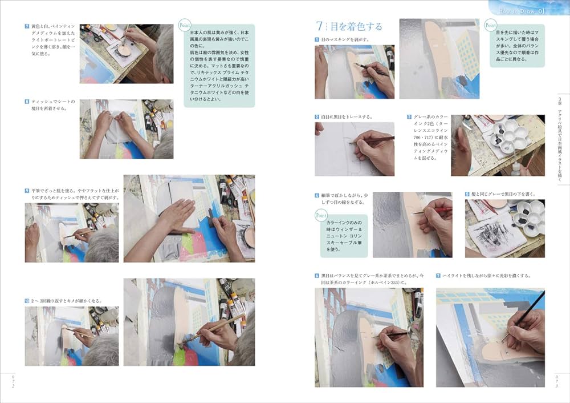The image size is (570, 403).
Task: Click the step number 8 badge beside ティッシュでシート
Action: pos(27,102)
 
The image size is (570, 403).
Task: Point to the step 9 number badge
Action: pos(27,190)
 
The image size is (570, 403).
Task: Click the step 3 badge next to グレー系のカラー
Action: pos(409,117)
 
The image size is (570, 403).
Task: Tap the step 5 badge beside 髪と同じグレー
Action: pos(467,194)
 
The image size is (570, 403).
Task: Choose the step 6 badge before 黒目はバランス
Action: pos(317,276)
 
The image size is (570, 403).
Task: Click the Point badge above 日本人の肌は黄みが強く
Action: pos(185,26)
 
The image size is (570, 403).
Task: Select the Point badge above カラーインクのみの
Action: pos(320,215)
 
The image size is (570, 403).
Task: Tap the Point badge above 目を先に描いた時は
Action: pos(490,26)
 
